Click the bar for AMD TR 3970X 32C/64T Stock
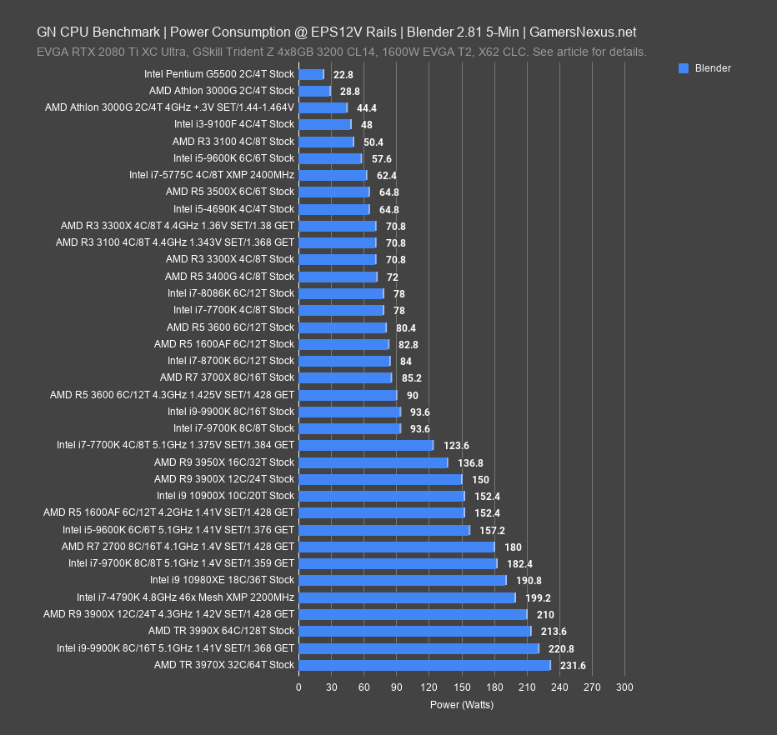(x=424, y=665)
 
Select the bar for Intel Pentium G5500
(x=311, y=74)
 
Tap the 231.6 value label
(x=573, y=665)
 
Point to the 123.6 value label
(x=456, y=446)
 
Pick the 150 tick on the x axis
(x=461, y=687)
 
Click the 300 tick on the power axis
(x=624, y=687)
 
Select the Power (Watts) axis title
(x=461, y=705)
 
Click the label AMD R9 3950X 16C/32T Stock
(x=223, y=462)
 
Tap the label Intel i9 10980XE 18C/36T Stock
(x=222, y=580)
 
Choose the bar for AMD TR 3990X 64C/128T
(x=414, y=631)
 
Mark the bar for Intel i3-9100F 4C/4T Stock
(x=324, y=124)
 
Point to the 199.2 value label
(x=538, y=597)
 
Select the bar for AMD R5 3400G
(x=338, y=277)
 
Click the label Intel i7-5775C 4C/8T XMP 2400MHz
(x=212, y=175)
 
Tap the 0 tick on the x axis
(x=298, y=687)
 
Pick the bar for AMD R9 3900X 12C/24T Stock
(x=380, y=479)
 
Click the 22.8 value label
(x=341, y=74)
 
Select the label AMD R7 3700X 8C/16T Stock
(x=227, y=377)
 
